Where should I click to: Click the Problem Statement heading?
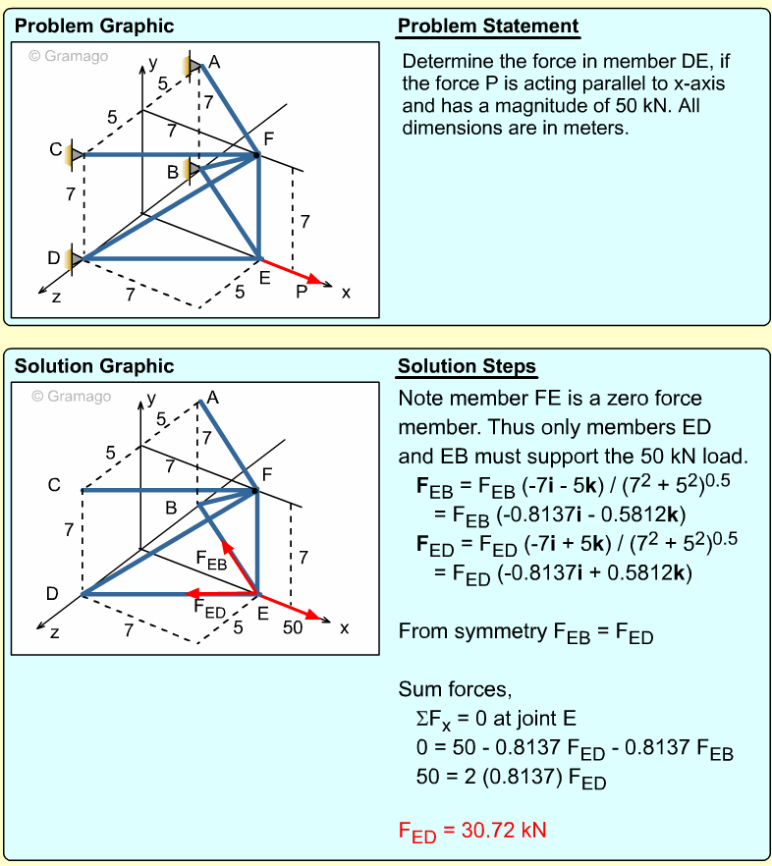488,27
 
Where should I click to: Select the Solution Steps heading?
467,367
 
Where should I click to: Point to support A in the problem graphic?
193,66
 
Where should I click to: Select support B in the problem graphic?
193,171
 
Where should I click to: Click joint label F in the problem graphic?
268,137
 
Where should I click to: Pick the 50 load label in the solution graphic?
293,628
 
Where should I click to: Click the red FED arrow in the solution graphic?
222,593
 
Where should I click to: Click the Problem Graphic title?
94,27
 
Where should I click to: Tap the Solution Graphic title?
94,367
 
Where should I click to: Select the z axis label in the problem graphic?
56,297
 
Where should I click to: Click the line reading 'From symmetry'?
525,632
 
